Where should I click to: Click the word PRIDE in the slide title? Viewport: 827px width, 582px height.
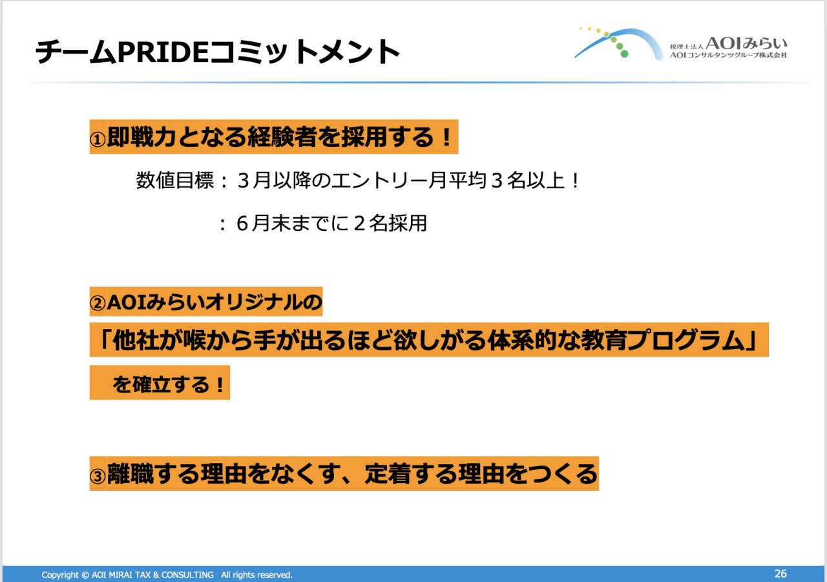pos(163,52)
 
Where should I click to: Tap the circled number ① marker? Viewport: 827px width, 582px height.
pos(98,140)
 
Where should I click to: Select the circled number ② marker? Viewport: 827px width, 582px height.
pos(98,304)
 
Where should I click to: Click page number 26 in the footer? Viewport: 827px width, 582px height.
pos(780,574)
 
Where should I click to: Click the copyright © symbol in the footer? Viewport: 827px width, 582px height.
pos(85,575)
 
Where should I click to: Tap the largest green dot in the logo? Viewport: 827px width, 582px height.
pos(624,54)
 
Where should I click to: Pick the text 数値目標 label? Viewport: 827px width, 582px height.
pos(175,180)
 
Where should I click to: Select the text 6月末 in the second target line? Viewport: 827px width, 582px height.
pos(263,223)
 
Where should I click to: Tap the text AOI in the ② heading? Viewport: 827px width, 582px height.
pos(127,303)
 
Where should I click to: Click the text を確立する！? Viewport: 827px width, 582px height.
pos(169,384)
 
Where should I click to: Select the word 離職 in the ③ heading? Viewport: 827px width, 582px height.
pos(130,474)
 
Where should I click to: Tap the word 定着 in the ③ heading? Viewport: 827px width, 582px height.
pos(387,474)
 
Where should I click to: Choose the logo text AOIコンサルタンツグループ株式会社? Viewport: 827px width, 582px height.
pos(728,55)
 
